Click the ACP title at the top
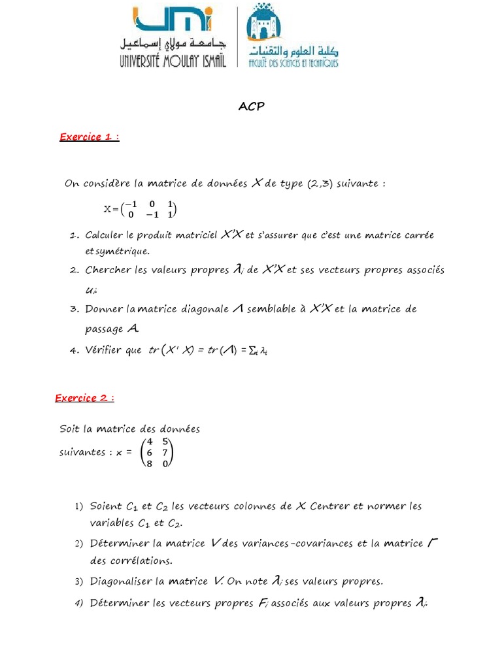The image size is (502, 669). pos(251,106)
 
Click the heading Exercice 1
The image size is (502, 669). pos(89,137)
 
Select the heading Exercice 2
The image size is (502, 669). pos(84,398)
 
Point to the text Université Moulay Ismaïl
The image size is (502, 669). pos(173,61)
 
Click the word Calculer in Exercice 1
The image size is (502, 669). pos(107,235)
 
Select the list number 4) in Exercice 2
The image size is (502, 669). pos(78,604)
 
